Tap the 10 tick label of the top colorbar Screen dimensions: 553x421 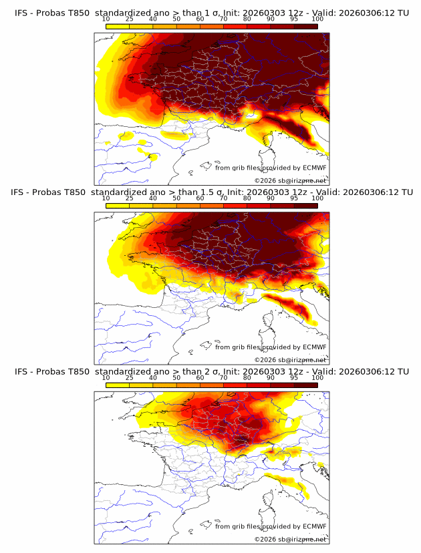coord(106,19)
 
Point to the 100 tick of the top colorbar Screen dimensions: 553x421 coord(317,19)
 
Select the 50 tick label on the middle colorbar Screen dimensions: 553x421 coord(176,198)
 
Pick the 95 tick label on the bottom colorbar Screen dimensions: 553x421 coord(294,378)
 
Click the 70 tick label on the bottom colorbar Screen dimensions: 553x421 coord(223,378)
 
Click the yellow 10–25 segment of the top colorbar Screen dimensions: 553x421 coord(118,26)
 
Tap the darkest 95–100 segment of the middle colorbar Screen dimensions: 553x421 coord(305,206)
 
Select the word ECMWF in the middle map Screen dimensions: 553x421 coord(314,347)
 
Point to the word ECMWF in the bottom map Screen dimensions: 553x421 coord(314,527)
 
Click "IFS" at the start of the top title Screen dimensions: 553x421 coord(21,12)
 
